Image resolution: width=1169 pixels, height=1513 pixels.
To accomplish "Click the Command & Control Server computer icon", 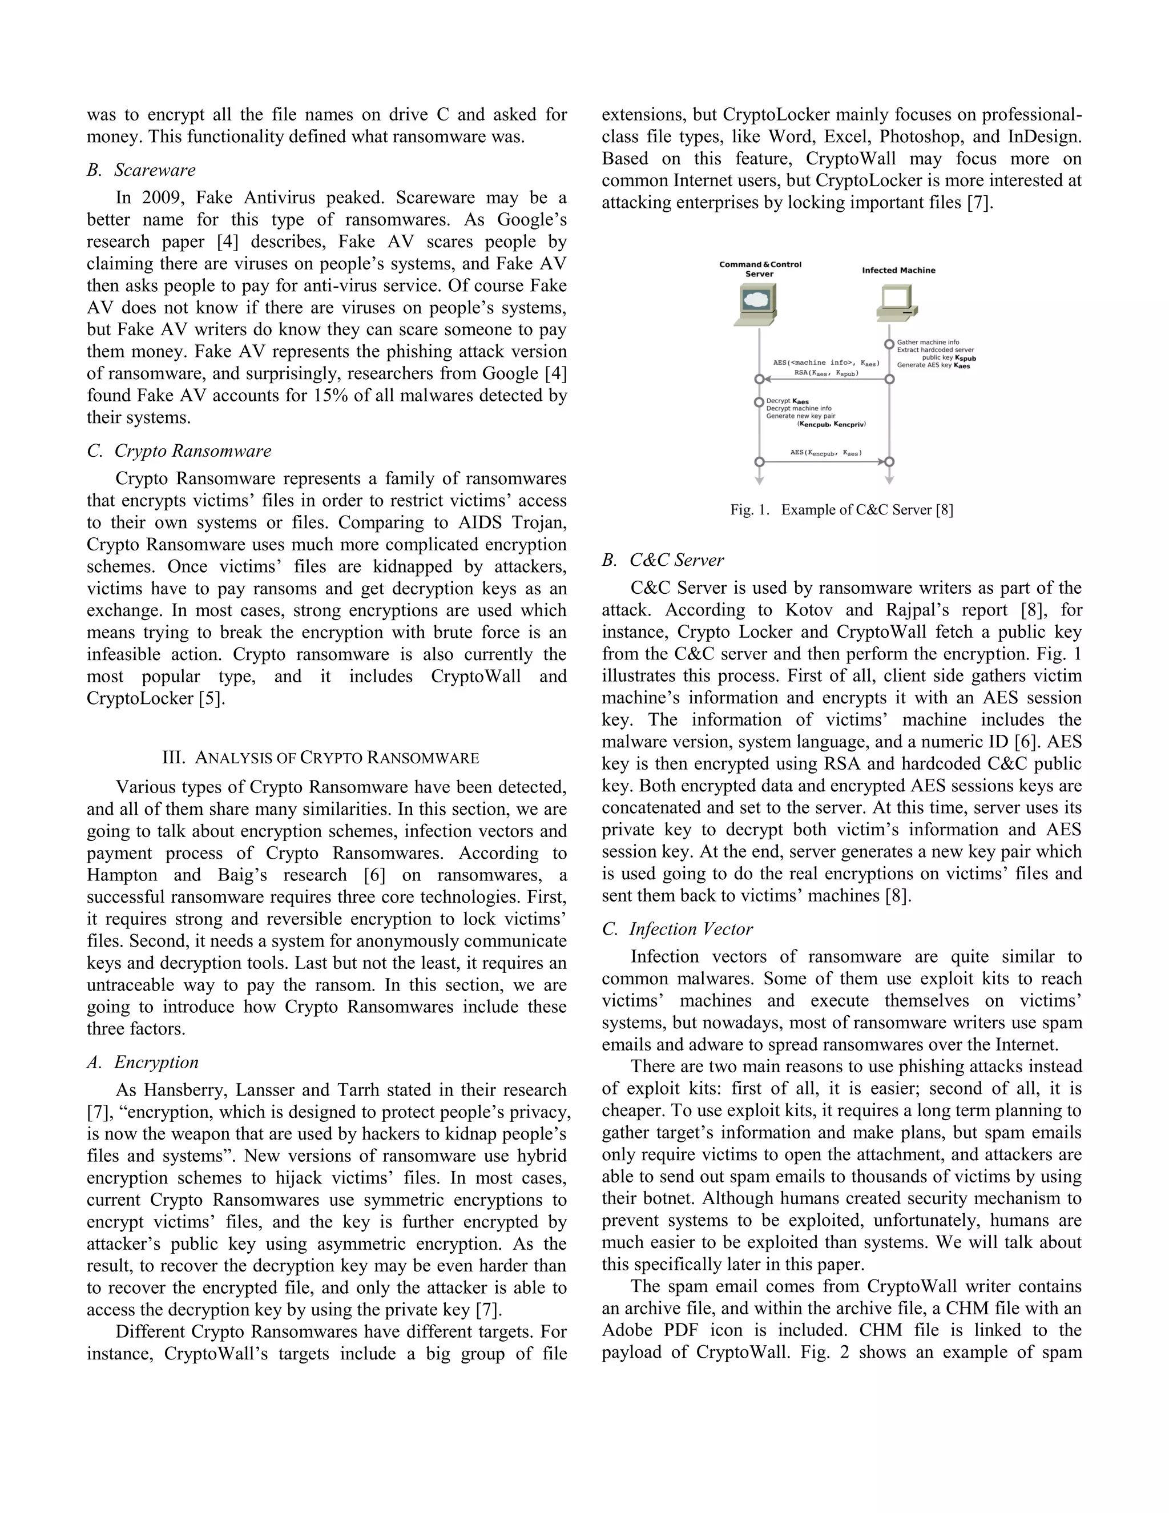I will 755,304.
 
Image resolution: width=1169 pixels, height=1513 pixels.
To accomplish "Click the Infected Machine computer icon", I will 896,303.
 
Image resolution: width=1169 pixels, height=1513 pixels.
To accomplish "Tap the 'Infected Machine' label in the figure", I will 898,270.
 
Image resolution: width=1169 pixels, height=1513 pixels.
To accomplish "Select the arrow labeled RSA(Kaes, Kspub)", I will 824,379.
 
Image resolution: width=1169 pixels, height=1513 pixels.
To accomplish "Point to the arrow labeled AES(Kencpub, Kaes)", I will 824,461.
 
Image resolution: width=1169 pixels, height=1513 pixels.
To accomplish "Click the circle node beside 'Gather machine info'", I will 889,344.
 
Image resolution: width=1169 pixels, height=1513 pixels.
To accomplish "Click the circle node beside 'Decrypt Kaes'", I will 759,403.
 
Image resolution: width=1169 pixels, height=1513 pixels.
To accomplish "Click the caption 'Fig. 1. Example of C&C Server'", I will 841,510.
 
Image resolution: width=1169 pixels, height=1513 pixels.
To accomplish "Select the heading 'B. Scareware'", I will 142,170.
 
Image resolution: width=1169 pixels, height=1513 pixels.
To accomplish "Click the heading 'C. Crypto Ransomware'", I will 179,451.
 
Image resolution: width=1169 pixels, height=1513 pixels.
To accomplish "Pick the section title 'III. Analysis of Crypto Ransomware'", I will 321,757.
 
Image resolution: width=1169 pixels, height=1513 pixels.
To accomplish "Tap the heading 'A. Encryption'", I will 143,1062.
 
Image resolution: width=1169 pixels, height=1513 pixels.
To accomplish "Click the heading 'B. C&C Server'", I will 663,560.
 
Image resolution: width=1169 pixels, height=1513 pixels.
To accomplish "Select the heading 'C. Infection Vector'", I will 678,929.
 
